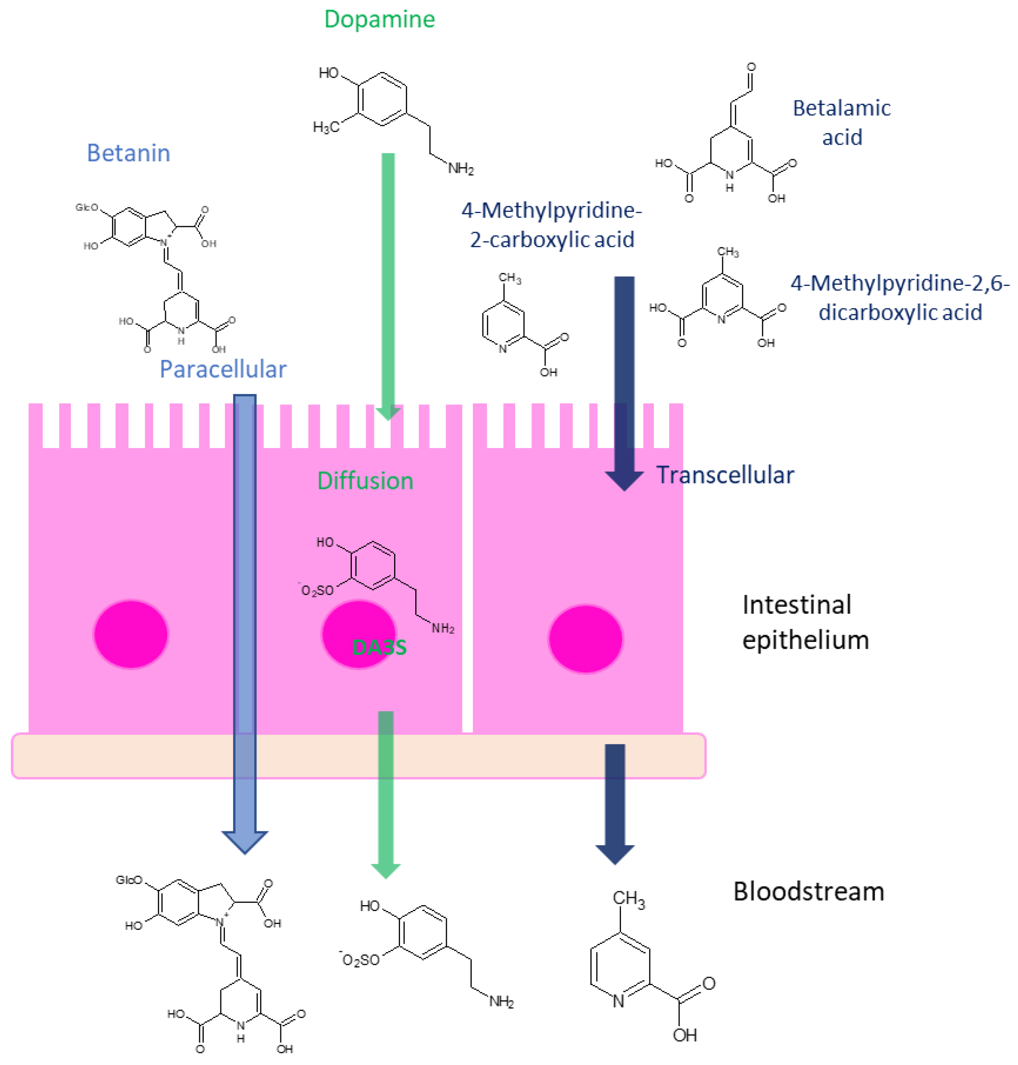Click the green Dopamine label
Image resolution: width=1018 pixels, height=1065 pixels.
coord(379,20)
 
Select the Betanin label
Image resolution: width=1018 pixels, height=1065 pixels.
coord(128,153)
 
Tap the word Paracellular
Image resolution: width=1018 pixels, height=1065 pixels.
coord(222,369)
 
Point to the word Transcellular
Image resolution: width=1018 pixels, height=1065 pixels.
coord(725,475)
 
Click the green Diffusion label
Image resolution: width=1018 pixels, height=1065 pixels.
coord(365,481)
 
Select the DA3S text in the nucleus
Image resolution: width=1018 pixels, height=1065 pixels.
coord(379,647)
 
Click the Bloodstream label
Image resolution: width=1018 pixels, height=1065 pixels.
coord(808,891)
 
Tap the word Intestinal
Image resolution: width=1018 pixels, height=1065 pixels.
coord(797,605)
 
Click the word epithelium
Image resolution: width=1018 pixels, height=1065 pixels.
coord(805,640)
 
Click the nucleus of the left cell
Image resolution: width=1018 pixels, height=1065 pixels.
coord(131,634)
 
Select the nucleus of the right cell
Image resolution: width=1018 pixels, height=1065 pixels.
coord(585,639)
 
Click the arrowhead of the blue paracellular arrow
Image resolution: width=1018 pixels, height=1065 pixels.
coord(245,841)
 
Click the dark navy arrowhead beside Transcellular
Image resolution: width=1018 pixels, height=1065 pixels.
coord(624,480)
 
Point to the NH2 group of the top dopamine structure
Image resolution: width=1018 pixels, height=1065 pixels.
coord(461,169)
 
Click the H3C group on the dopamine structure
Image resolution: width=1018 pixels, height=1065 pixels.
coord(326,127)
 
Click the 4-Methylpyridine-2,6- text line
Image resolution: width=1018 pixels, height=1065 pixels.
coord(900,283)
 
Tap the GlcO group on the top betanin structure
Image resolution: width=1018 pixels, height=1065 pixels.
coord(87,207)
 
